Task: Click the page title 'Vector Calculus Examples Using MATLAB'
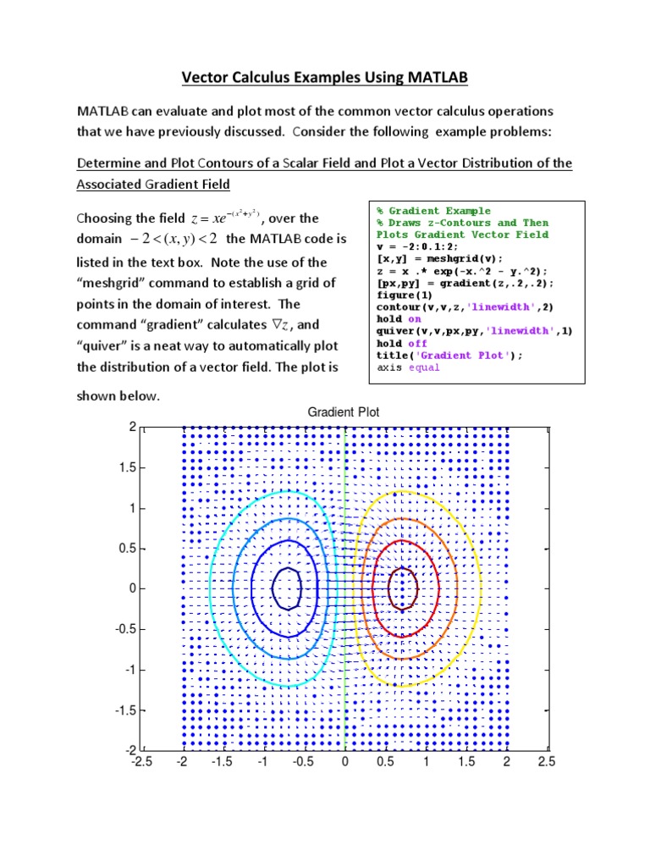tap(325, 79)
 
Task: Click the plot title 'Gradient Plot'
tap(343, 412)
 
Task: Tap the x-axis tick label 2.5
tap(547, 763)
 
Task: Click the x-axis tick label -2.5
tap(141, 763)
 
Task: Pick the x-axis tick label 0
tap(344, 763)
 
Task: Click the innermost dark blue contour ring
tap(287, 569)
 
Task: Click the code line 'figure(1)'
tap(405, 295)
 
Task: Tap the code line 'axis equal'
tap(409, 367)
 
